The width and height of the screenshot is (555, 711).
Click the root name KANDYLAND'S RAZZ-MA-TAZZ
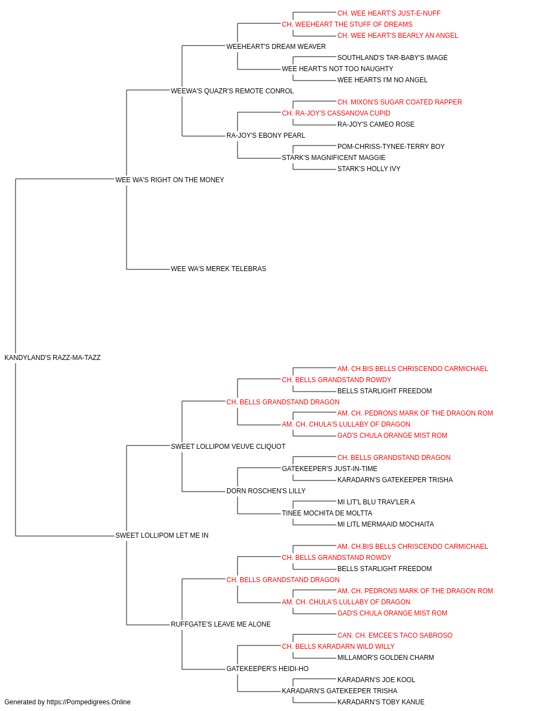pyautogui.click(x=52, y=358)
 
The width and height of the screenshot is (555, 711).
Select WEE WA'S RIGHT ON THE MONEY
pyautogui.click(x=170, y=180)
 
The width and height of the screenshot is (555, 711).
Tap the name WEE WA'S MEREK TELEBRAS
pyautogui.click(x=218, y=269)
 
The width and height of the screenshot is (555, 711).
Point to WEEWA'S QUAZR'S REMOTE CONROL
pyautogui.click(x=232, y=91)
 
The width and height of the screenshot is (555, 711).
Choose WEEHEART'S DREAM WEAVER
pyautogui.click(x=276, y=47)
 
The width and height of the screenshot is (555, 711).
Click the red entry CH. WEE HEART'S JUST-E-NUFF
pyautogui.click(x=389, y=13)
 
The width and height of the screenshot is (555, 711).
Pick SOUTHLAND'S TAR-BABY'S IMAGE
pyautogui.click(x=392, y=58)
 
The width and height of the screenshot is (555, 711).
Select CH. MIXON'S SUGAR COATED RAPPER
pyautogui.click(x=400, y=102)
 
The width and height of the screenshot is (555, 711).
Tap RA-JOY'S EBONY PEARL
pyautogui.click(x=266, y=136)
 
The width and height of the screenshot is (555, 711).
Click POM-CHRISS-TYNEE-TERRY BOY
pyautogui.click(x=391, y=147)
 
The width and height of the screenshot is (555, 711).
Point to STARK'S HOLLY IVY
pyautogui.click(x=369, y=169)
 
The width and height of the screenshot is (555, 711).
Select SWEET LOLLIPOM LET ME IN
pyautogui.click(x=162, y=535)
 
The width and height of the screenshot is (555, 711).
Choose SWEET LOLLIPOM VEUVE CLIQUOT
pyautogui.click(x=228, y=447)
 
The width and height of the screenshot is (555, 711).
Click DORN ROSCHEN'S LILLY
pyautogui.click(x=266, y=491)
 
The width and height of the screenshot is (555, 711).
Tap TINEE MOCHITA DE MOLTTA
pyautogui.click(x=327, y=513)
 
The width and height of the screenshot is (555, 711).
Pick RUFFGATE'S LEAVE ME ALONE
pyautogui.click(x=221, y=624)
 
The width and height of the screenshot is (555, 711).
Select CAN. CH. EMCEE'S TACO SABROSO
pyautogui.click(x=395, y=635)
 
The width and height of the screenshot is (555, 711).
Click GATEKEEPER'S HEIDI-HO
pyautogui.click(x=268, y=669)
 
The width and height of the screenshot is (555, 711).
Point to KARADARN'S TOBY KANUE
pyautogui.click(x=381, y=702)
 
